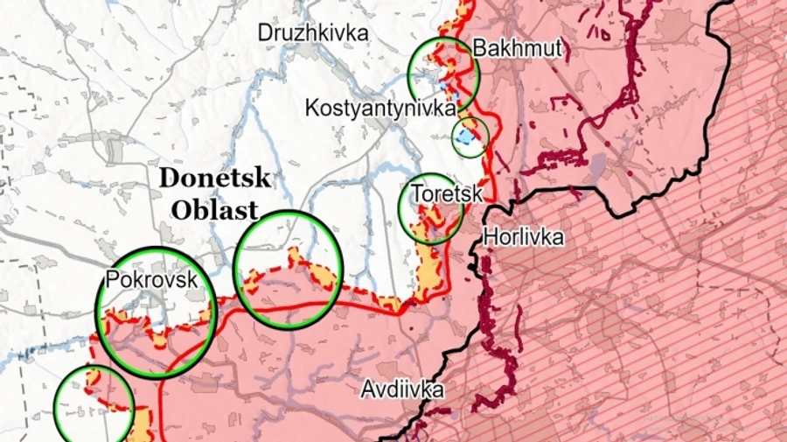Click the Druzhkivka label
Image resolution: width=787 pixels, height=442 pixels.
click(x=312, y=32)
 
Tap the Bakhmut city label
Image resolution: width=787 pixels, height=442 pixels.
click(x=517, y=48)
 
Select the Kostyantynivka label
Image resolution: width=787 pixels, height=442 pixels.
click(x=380, y=109)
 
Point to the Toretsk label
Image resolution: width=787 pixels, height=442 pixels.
click(x=446, y=193)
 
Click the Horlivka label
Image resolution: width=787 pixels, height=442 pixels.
click(x=523, y=236)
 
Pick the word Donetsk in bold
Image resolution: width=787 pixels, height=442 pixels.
click(x=214, y=179)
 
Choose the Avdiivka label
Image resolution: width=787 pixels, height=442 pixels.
click(x=402, y=390)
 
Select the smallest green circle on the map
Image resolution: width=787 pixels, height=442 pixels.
click(x=470, y=138)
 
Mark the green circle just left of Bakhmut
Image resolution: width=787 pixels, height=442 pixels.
click(x=444, y=74)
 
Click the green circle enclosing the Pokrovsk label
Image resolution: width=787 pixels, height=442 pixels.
click(x=157, y=312)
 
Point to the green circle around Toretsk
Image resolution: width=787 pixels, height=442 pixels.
click(x=430, y=209)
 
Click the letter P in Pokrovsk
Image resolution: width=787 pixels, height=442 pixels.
click(x=110, y=279)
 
